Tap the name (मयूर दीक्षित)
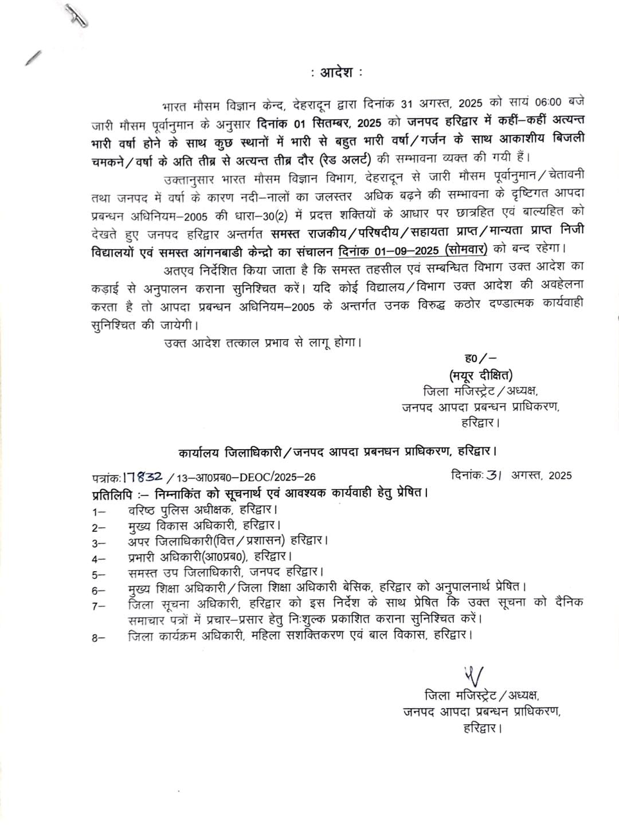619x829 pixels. (x=480, y=375)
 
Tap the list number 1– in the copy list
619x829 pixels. (x=99, y=510)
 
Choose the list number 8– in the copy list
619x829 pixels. (x=99, y=637)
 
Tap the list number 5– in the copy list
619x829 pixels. (x=99, y=573)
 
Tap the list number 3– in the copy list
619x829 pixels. (x=99, y=542)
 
